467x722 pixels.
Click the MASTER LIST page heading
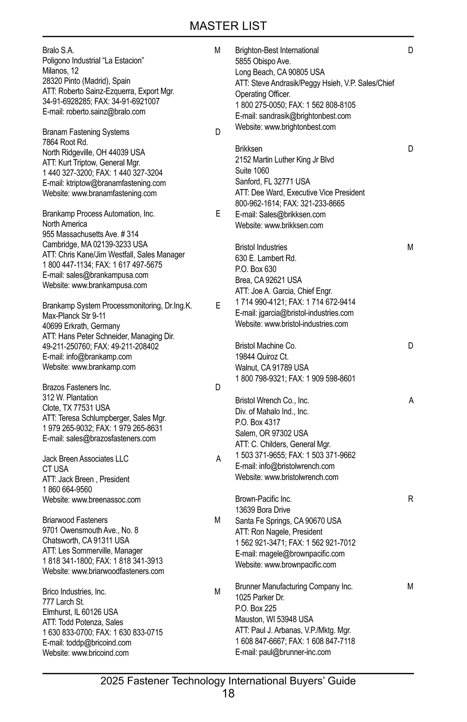228,26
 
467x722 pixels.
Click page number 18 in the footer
228,693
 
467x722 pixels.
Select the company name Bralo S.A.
58,51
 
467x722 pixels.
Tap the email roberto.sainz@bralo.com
105,112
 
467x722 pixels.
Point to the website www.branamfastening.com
114,193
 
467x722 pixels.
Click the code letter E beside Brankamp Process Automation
218,214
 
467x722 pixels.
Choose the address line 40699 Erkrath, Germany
81,326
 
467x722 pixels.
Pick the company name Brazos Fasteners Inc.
77,387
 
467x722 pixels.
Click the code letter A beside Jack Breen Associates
218,459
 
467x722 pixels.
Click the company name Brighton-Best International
277,51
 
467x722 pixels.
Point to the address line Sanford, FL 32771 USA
272,182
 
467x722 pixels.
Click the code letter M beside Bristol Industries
410,248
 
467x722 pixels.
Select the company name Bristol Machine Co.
265,346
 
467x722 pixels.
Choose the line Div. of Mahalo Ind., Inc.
272,411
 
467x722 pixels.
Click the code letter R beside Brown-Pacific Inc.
411,499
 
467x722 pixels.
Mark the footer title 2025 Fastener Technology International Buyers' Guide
228,681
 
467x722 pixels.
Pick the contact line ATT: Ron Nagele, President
279,532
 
